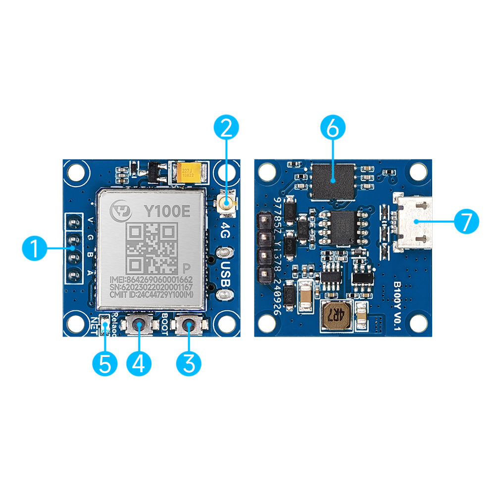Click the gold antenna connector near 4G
pos(227,202)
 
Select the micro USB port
pos(413,221)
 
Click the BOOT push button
pos(189,325)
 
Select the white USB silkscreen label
pos(225,275)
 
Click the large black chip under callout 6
pos(333,180)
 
